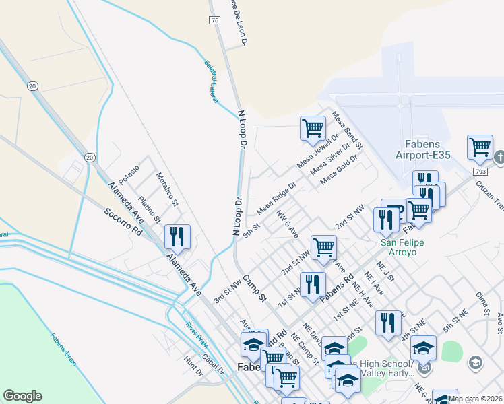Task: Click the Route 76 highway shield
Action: (x=214, y=21)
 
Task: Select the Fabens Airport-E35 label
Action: (x=427, y=149)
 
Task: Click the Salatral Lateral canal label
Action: (x=212, y=81)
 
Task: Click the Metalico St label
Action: (x=167, y=189)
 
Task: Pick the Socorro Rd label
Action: (x=125, y=222)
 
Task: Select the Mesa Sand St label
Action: (x=346, y=131)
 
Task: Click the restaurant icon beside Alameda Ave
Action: (x=178, y=236)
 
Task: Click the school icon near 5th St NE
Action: (x=423, y=347)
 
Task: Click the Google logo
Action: (x=22, y=396)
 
